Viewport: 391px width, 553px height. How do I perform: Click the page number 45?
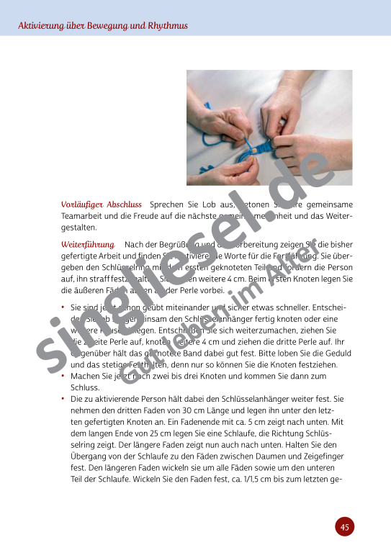tap(344, 527)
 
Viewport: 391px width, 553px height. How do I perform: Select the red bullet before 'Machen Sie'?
tap(63, 375)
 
